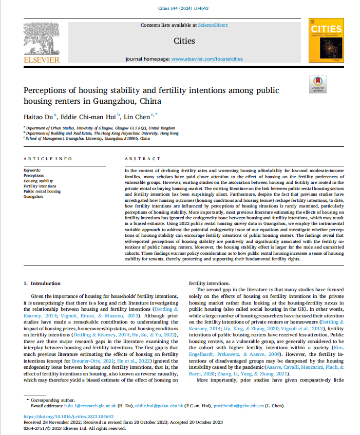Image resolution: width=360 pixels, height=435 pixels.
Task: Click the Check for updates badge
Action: click(317, 84)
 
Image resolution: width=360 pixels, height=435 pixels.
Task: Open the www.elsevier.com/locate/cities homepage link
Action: click(207, 59)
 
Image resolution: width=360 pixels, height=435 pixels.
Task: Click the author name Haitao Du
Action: click(38, 116)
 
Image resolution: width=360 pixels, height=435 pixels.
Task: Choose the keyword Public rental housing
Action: click(42, 191)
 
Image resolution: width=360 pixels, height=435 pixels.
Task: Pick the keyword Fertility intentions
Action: click(41, 186)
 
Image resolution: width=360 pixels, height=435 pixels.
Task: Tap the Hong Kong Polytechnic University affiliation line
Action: click(103, 133)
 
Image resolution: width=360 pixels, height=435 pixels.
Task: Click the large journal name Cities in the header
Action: click(184, 41)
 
